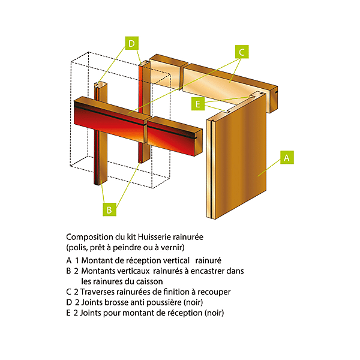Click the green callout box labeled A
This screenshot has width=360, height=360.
tap(286, 158)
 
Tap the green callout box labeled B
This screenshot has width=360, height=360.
tap(109, 210)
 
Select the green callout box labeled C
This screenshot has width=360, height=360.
tap(241, 52)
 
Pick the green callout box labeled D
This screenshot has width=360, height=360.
tap(132, 43)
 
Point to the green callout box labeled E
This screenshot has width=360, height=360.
tap(197, 104)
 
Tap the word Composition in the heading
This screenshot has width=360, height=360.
tap(88, 237)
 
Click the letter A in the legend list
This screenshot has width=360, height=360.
tap(70, 260)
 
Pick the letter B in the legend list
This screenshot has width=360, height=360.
tap(70, 271)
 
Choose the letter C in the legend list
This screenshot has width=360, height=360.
tap(70, 292)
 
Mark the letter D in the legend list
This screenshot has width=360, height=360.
tap(70, 302)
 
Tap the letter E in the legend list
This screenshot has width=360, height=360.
tap(70, 313)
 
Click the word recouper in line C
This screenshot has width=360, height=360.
tap(215, 292)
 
